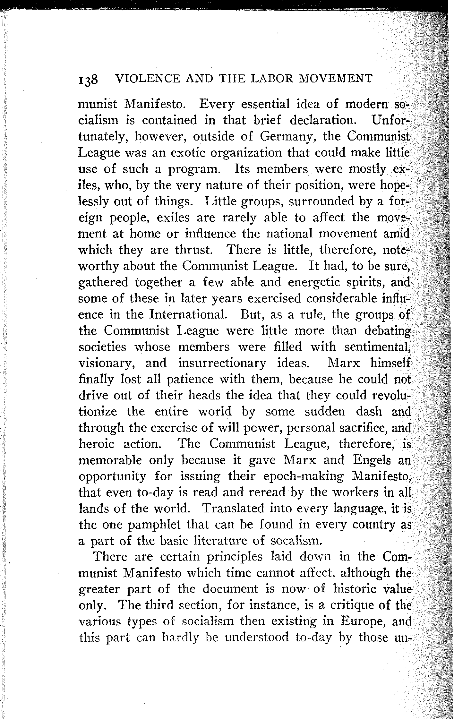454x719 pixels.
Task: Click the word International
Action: pos(188,315)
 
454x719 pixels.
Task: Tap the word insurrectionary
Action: pos(222,363)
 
